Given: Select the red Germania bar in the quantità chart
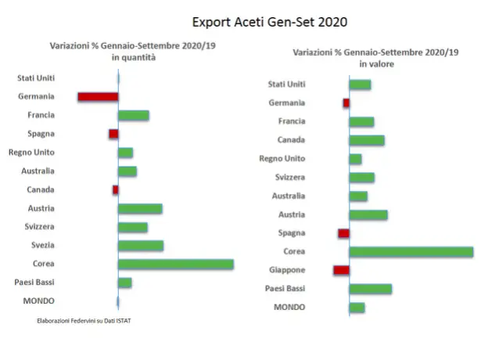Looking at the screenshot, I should (x=98, y=97).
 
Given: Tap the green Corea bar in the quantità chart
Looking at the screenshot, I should (x=176, y=264).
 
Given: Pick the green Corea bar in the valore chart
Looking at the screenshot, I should (x=411, y=251).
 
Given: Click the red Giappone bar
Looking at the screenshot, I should (x=341, y=270).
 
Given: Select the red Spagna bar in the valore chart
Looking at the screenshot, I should (x=343, y=233).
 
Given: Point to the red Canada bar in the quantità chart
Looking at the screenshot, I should (x=115, y=189).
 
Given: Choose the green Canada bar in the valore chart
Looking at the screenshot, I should (x=367, y=140).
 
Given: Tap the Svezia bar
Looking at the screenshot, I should (x=141, y=246).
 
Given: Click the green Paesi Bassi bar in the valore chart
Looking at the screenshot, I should (x=371, y=289).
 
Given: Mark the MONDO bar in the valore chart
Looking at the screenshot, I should (x=357, y=308).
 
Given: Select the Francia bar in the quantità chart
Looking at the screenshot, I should (x=134, y=116).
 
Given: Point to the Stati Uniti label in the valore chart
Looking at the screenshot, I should (x=286, y=84).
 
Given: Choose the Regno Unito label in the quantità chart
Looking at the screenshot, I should (x=31, y=152).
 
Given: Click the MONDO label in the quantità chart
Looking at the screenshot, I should (x=38, y=301).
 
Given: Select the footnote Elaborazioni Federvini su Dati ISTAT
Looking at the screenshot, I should (x=84, y=321).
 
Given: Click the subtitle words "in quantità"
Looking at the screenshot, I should (x=134, y=57).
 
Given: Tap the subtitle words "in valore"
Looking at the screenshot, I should (x=377, y=63).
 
